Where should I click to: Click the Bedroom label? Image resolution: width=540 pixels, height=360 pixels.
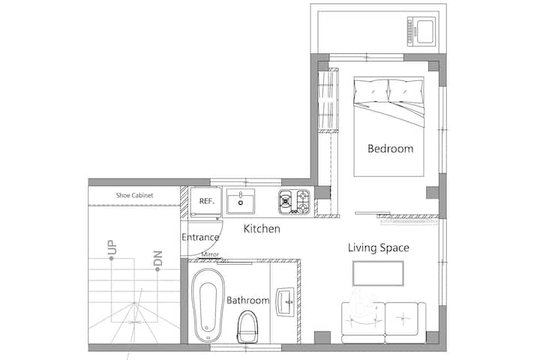pos(390,148)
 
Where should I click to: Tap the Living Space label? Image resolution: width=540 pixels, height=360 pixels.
pos(379,247)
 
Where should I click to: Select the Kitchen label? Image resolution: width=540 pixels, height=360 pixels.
pos(262,229)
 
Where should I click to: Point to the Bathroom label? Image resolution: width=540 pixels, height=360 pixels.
pos(248,300)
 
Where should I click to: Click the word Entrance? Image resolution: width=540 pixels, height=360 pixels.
pos(200,237)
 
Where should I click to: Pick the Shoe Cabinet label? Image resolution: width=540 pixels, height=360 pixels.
pos(134,195)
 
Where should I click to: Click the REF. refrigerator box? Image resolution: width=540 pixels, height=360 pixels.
pos(205,202)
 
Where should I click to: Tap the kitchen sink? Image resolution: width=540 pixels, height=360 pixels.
pos(241,201)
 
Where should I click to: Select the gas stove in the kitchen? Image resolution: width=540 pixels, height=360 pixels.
pos(295,202)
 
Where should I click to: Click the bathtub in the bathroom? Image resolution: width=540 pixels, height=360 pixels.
pos(208,305)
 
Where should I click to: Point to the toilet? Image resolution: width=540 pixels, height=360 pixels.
pos(247,326)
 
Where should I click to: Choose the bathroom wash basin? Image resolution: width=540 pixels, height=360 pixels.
pos(285,301)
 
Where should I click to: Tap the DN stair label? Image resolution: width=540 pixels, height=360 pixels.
pos(157,258)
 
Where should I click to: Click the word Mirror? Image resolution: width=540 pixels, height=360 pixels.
pos(210,254)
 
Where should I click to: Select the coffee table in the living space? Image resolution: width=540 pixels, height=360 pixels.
pos(378,274)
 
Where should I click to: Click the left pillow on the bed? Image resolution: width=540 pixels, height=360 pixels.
pos(371,91)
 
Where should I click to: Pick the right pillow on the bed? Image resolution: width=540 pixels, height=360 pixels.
pos(406,91)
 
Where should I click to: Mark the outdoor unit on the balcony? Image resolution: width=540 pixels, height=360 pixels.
pos(421,31)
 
